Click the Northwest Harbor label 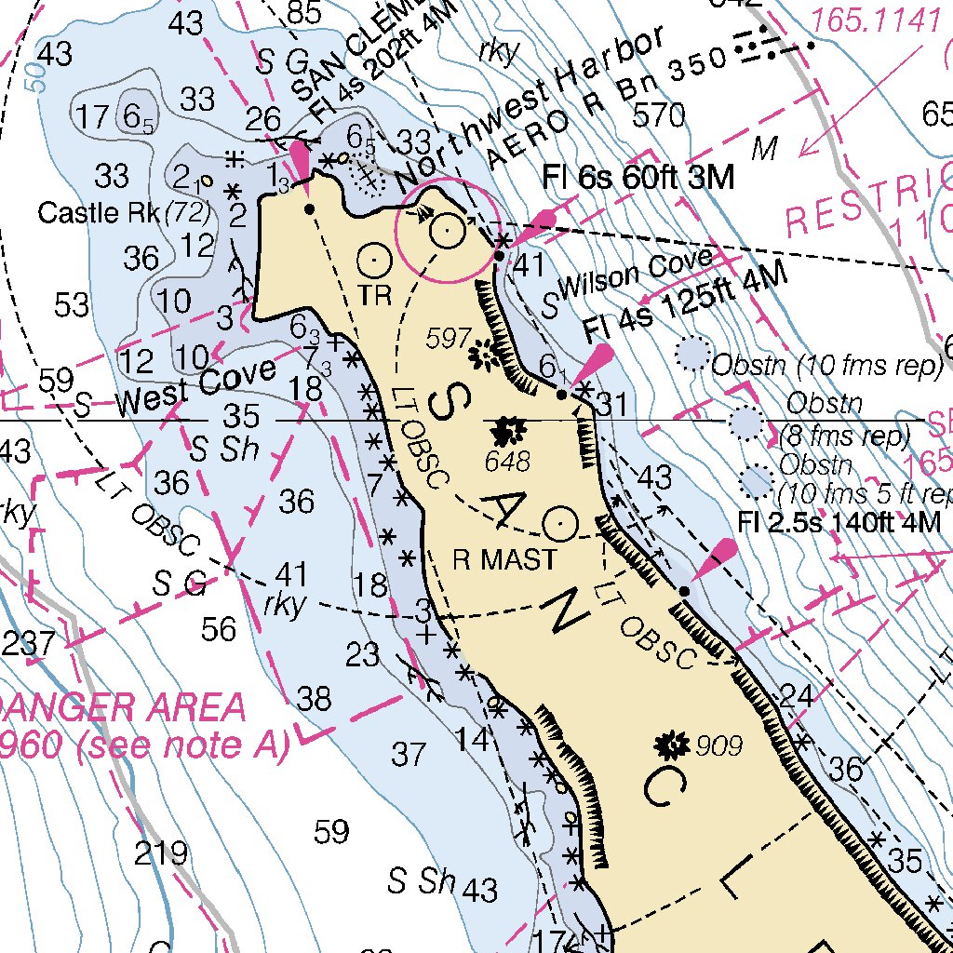point(530,108)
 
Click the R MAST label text point(504,560)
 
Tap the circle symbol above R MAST point(559,524)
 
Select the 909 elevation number point(718,745)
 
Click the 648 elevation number point(507,460)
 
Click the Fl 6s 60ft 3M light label point(638,178)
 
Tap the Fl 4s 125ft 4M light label point(685,302)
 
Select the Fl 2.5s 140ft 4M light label point(839,522)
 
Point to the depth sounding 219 point(161,852)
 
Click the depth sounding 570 point(658,115)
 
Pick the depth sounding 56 point(220,629)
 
